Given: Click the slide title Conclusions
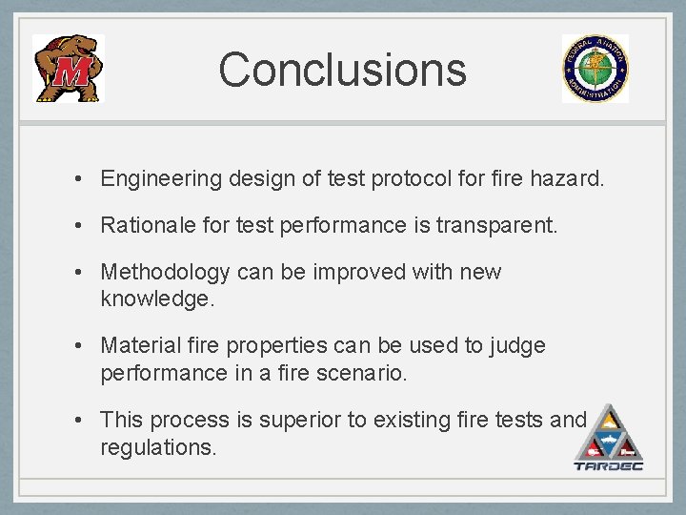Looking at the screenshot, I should coord(342,69).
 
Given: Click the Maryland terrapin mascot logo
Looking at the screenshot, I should coord(68,68).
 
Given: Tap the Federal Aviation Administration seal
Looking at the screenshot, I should coord(595,68).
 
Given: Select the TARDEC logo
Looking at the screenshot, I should coord(609,438).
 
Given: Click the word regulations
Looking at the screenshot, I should coord(158,446).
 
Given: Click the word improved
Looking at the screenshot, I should coord(360,273).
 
